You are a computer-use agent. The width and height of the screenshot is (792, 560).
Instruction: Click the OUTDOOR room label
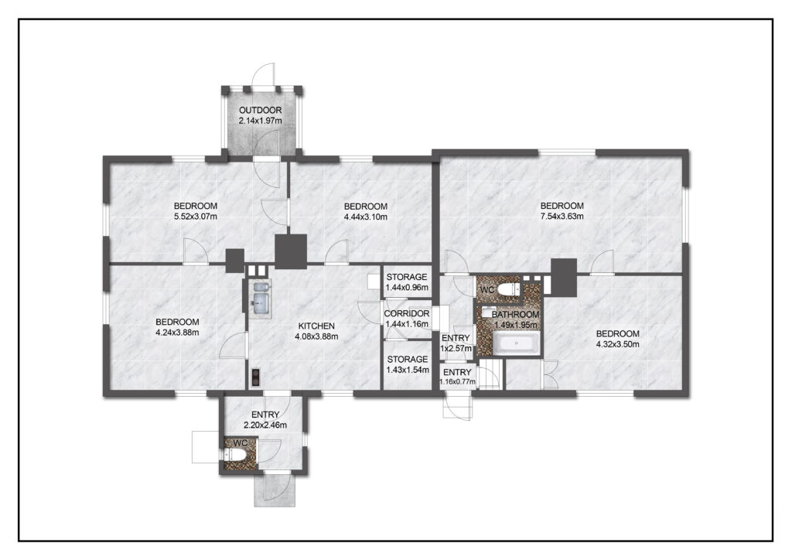[x=260, y=110]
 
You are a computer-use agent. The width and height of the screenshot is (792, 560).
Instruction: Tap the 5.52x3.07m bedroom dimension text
[x=196, y=217]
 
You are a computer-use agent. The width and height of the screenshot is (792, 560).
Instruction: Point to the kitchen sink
[x=261, y=299]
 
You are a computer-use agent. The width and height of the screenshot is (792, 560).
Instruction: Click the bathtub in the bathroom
[x=516, y=343]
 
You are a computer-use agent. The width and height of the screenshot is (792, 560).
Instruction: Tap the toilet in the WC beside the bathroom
[x=507, y=290]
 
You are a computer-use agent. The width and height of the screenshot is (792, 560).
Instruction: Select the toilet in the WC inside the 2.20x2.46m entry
[x=236, y=456]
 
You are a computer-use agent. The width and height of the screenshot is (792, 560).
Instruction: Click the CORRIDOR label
[x=407, y=313]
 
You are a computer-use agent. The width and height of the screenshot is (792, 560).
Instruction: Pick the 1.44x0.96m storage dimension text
[x=407, y=287]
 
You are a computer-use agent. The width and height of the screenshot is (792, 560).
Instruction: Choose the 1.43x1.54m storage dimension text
[x=407, y=370]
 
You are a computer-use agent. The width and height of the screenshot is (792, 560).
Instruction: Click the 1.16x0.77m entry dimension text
[x=457, y=382]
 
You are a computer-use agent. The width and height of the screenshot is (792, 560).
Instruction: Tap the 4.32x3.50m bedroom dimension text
[x=617, y=344]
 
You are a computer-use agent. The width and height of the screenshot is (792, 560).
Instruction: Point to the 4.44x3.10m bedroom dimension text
[x=365, y=217]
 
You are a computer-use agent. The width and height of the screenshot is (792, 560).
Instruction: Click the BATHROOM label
[x=515, y=314]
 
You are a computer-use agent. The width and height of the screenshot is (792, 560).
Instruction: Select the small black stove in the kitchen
[x=255, y=377]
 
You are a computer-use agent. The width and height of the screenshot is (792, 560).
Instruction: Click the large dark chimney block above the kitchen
[x=291, y=251]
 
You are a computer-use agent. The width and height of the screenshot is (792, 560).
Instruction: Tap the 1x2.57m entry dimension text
[x=456, y=348]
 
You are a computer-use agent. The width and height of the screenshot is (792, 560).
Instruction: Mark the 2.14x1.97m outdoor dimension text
[x=260, y=121]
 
